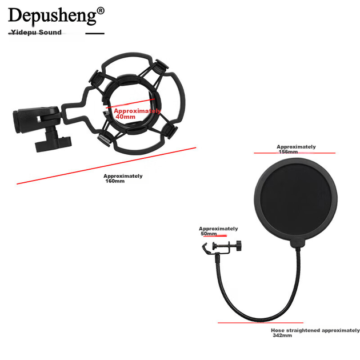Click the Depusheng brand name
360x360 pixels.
pyautogui.click(x=53, y=15)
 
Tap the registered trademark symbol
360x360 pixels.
pyautogui.click(x=101, y=10)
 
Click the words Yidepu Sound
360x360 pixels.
pyautogui.click(x=36, y=32)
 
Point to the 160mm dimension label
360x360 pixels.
pyautogui.click(x=123, y=178)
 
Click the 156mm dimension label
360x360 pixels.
pyautogui.click(x=296, y=149)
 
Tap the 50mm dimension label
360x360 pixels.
pyautogui.click(x=218, y=231)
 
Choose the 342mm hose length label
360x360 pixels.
pyautogui.click(x=315, y=333)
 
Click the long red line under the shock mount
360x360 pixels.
pyautogui.click(x=106, y=166)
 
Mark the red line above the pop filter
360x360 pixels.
pyautogui.click(x=294, y=153)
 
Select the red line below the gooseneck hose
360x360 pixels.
pyautogui.click(x=261, y=323)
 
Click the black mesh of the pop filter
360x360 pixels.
pyautogui.click(x=296, y=199)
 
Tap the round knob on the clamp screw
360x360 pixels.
pyautogui.click(x=238, y=246)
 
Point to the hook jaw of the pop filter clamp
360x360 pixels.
pyautogui.click(x=205, y=249)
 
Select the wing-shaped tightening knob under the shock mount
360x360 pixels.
pyautogui.click(x=53, y=145)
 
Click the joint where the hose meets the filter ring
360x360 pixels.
pyautogui.click(x=298, y=243)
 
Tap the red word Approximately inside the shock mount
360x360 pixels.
pyautogui.click(x=137, y=111)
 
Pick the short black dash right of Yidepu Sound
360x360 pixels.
pyautogui.click(x=95, y=34)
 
